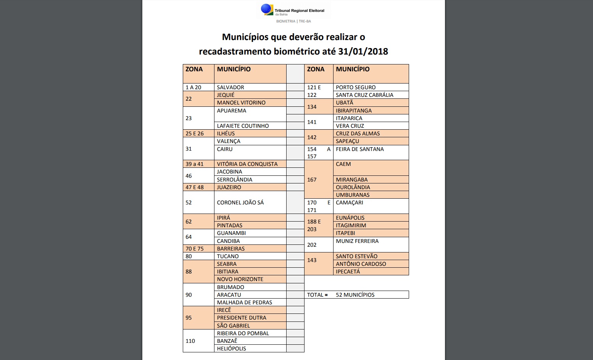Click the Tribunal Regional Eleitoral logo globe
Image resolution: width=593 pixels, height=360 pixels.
[x=267, y=9]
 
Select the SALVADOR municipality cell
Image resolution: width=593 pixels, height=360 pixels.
[x=230, y=87]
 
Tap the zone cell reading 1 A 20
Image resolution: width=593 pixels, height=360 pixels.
[x=193, y=87]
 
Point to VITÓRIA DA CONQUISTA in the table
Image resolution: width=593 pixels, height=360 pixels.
[x=247, y=164]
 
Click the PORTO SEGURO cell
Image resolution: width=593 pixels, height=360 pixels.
[x=356, y=87]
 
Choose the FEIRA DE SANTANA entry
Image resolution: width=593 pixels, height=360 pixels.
[x=360, y=149]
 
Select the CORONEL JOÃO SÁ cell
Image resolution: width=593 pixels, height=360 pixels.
[x=240, y=202]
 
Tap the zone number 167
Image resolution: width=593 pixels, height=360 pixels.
[x=312, y=180]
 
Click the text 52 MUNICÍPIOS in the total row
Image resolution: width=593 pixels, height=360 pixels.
[x=355, y=295]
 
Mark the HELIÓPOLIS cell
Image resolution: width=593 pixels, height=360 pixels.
[x=232, y=349]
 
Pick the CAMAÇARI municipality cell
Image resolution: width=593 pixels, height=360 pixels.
[x=350, y=202]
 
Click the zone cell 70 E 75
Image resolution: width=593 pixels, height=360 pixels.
[x=195, y=249]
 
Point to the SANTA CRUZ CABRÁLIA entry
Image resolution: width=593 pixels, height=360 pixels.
[x=364, y=95]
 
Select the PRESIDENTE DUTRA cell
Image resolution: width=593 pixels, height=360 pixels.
[x=242, y=318]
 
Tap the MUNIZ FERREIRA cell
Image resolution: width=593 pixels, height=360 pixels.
[x=357, y=241]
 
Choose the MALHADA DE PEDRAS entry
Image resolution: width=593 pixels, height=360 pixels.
[x=245, y=302]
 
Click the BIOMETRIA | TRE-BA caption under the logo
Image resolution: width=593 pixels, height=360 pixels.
[x=293, y=21]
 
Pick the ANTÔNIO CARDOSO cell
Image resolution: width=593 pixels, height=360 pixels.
[x=361, y=264]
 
